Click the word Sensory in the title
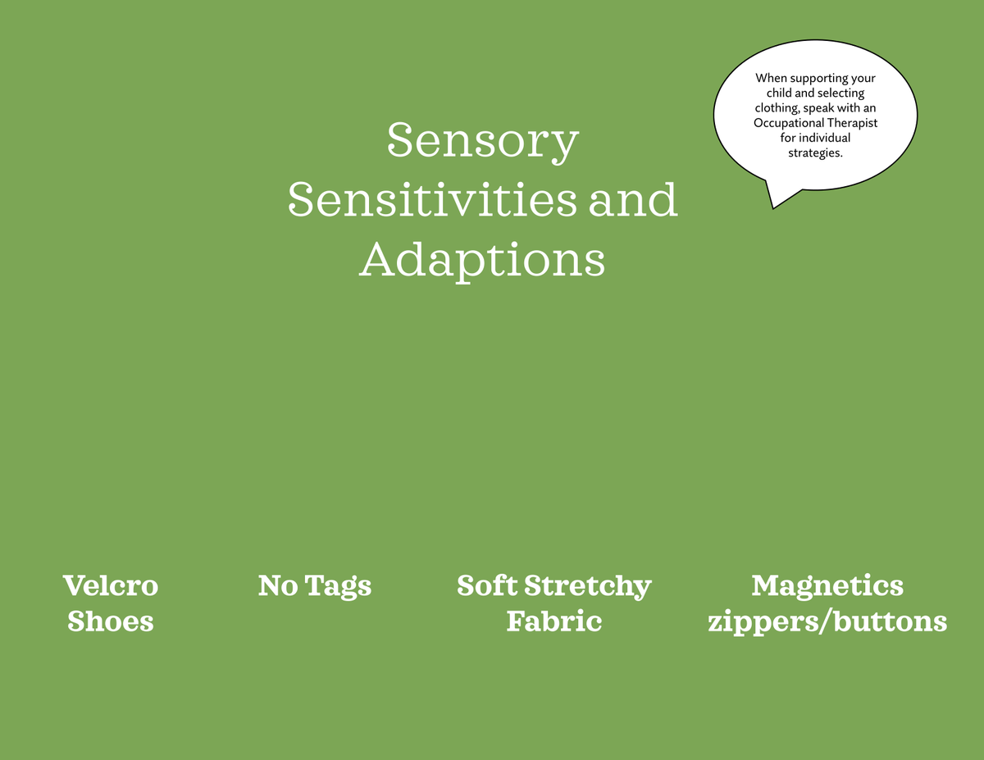point(483,141)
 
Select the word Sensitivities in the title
point(432,200)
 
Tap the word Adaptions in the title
point(482,260)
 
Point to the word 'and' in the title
point(633,200)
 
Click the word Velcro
point(111,585)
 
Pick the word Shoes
point(111,621)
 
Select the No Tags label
point(315,585)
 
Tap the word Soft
point(486,585)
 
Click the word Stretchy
point(587,587)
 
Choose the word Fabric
point(554,621)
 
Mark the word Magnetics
point(827,585)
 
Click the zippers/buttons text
point(827,621)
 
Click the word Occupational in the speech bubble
point(788,123)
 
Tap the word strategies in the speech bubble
point(815,153)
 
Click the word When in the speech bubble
point(771,79)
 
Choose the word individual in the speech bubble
point(824,138)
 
